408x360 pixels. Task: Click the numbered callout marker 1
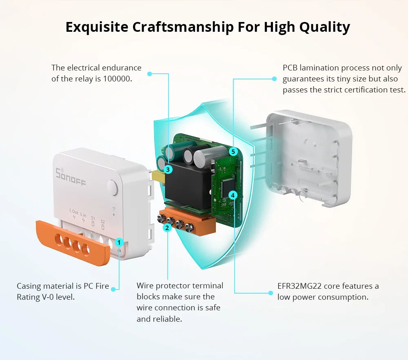tap(119, 242)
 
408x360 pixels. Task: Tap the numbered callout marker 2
tap(167, 228)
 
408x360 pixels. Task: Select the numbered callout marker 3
tap(168, 169)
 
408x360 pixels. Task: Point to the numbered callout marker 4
tap(233, 195)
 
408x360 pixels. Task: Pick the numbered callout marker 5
tap(233, 151)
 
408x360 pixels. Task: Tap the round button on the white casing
tap(113, 187)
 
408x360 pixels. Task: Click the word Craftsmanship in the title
tap(183, 27)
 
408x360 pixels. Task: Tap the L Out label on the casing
tap(74, 212)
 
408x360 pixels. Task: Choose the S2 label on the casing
tap(102, 222)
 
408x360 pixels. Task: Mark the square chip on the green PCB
tap(228, 187)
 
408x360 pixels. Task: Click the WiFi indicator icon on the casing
tap(114, 209)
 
